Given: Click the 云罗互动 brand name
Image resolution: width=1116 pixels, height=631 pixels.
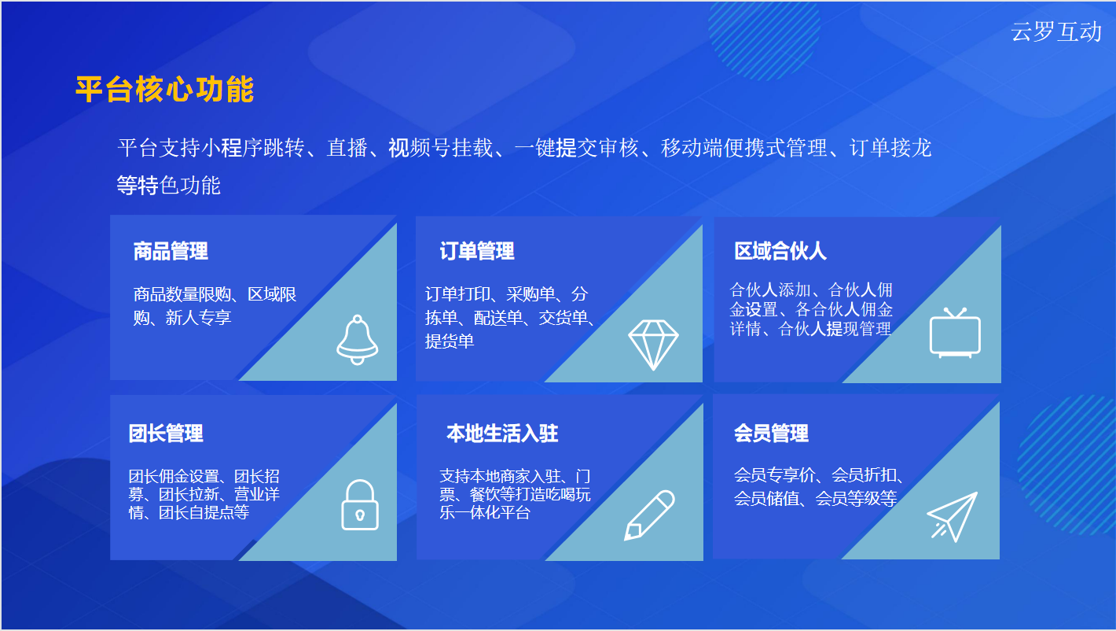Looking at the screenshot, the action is [1055, 31].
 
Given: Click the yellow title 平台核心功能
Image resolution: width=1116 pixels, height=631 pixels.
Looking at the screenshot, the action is [165, 90].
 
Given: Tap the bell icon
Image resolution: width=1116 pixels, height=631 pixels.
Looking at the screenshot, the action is [358, 340].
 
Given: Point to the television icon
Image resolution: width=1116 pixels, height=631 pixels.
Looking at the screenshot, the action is [955, 333].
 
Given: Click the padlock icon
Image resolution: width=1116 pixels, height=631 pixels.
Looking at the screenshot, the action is [360, 505].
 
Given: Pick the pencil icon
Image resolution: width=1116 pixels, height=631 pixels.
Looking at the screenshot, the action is [649, 515].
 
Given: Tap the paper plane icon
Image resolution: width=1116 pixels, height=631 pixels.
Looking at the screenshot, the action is [952, 517].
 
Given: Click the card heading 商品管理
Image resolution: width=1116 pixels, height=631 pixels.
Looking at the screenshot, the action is [171, 251].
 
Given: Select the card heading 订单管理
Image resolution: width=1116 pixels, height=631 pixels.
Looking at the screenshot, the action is [477, 251].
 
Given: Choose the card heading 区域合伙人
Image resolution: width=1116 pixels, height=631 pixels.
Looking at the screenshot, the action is [780, 251].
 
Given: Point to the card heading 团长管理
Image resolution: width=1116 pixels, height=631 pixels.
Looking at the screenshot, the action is [166, 433].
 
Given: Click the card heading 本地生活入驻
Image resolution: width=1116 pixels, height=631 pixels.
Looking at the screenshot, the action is [502, 433].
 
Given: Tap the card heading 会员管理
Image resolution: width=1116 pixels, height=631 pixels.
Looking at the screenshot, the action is [771, 433].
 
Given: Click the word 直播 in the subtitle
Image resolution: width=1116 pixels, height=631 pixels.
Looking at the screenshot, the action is [347, 148].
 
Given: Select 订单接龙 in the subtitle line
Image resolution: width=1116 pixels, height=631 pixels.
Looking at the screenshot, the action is [890, 148].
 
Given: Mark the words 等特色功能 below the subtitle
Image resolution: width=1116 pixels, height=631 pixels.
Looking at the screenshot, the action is [168, 185].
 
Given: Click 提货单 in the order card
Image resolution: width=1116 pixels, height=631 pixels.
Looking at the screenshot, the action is [450, 341].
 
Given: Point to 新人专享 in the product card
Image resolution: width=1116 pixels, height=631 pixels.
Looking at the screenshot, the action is [198, 318].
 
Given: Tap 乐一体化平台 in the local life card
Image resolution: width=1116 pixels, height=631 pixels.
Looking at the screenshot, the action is [484, 512].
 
